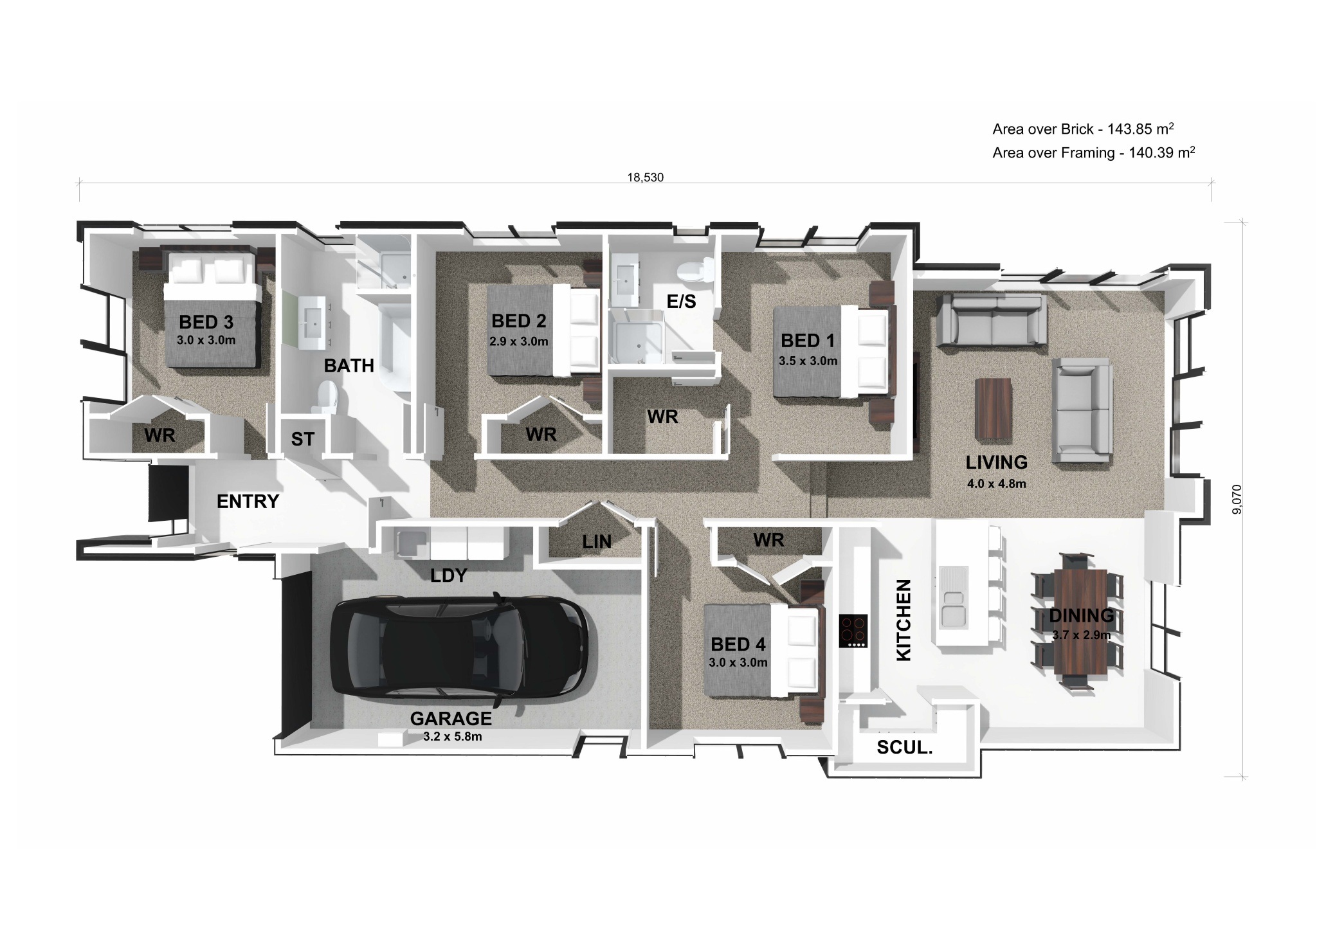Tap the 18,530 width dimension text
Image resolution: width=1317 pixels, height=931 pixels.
pos(645,177)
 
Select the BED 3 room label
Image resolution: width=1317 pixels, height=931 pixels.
pos(206,321)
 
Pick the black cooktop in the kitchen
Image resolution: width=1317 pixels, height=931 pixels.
pos(853,631)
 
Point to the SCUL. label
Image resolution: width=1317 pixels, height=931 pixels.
pos(904,748)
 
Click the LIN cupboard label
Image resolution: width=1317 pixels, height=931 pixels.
pos(597,542)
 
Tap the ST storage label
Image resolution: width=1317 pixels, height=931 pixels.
pos(302,439)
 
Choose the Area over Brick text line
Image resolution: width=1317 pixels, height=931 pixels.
pos(1083,129)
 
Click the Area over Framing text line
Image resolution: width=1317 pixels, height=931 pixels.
pos(1093,153)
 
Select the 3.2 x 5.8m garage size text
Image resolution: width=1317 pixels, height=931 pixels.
pos(452,737)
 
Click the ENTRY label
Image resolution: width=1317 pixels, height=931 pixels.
pos(248,502)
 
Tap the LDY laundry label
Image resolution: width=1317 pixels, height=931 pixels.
pos(448,575)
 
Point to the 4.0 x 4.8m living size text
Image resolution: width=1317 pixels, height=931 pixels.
pos(996,484)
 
